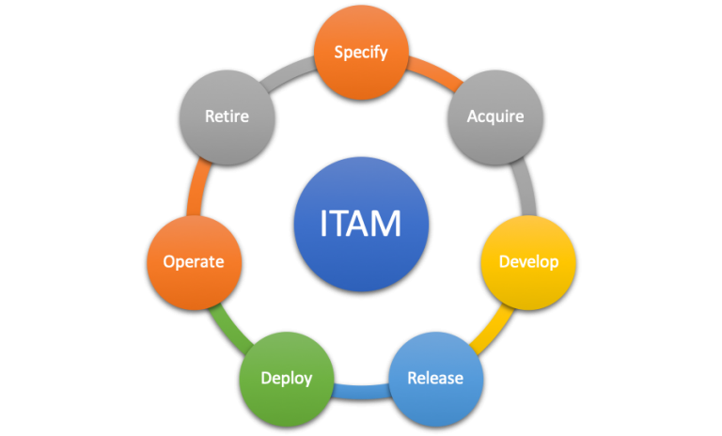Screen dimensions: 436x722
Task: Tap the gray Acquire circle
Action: click(494, 117)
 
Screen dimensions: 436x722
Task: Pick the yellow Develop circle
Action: click(527, 261)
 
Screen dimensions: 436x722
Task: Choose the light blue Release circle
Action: click(435, 379)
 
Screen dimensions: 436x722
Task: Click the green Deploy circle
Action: click(287, 379)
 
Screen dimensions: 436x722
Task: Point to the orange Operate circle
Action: click(194, 261)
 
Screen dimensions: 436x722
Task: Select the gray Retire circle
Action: click(227, 117)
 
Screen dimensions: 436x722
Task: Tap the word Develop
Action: click(527, 261)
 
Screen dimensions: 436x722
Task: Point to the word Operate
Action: click(194, 261)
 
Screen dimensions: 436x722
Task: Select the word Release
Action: click(435, 379)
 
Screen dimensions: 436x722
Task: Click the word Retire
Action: click(227, 117)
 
